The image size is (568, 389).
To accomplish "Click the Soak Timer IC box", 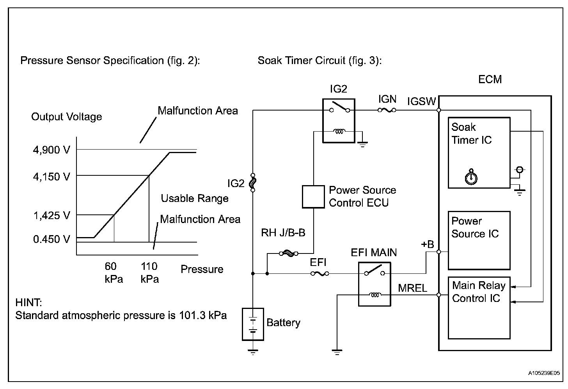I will (479, 153).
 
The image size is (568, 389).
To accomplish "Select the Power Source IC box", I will (479, 240).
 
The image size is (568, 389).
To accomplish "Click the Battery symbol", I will (253, 324).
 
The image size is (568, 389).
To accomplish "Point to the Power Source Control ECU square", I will (313, 196).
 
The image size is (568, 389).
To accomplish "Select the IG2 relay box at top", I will (339, 120).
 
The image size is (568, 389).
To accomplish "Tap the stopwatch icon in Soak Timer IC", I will (471, 177).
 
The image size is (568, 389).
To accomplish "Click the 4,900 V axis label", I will (52, 150).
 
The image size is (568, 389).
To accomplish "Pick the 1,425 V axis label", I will (52, 215).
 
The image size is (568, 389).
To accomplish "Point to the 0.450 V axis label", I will (52, 239).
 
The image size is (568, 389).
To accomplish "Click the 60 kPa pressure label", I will (113, 273).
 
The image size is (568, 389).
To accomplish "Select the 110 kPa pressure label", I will (149, 273).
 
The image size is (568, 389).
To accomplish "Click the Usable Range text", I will (195, 198).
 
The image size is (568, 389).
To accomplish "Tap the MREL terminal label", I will (412, 288).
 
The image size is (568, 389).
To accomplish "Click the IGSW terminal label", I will (421, 102).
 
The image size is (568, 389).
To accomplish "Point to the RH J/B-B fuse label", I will (283, 233).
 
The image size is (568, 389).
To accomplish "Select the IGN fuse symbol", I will (387, 111).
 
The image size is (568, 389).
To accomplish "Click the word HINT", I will (28, 302).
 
